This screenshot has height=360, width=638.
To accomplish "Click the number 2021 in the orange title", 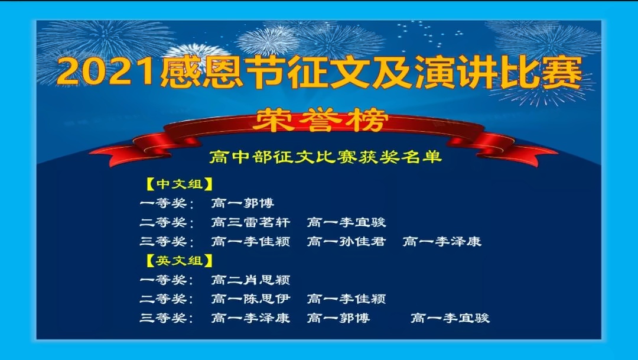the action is pyautogui.click(x=108, y=72).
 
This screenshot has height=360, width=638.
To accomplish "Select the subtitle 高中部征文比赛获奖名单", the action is pyautogui.click(x=325, y=157).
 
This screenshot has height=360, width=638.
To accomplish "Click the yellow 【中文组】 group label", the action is pyautogui.click(x=180, y=184).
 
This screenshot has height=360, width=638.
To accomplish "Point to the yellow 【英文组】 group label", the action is pyautogui.click(x=180, y=261).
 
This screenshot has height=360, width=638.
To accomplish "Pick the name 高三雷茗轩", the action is pyautogui.click(x=250, y=222).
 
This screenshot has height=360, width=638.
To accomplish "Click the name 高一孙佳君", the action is pyautogui.click(x=346, y=242).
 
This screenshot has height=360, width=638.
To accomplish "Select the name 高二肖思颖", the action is pyautogui.click(x=250, y=280).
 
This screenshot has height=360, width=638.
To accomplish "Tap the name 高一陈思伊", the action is pyautogui.click(x=250, y=299).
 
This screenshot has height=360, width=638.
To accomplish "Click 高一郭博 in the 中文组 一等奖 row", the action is pyautogui.click(x=243, y=203).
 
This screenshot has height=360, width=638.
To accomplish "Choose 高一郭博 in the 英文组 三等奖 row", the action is pyautogui.click(x=338, y=317).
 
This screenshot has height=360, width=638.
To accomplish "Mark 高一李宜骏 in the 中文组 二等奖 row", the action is pyautogui.click(x=346, y=222).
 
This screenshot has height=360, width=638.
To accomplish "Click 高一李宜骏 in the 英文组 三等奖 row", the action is pyautogui.click(x=450, y=317).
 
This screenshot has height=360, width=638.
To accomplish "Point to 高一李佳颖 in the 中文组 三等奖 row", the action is pyautogui.click(x=250, y=242).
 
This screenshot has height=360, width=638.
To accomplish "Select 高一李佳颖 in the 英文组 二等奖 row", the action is pyautogui.click(x=346, y=299).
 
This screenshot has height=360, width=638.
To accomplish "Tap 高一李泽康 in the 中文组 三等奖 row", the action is pyautogui.click(x=442, y=242).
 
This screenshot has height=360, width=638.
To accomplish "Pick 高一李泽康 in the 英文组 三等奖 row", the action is pyautogui.click(x=250, y=317).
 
